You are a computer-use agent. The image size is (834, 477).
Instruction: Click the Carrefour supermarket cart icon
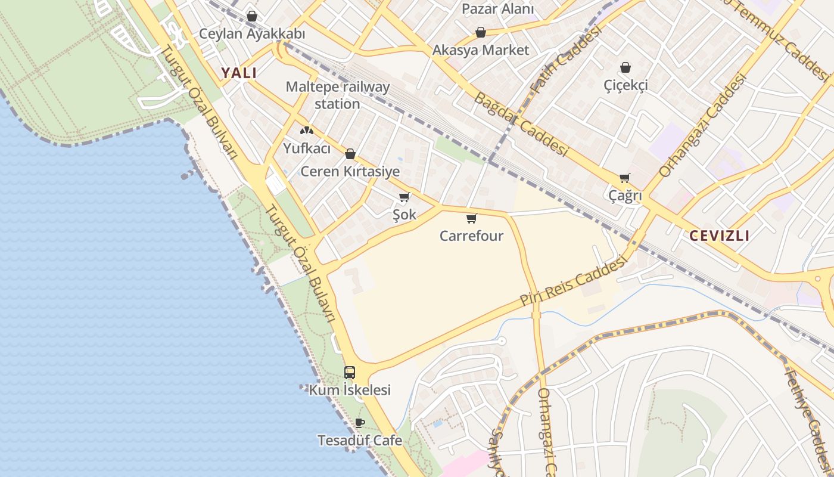point(472,219)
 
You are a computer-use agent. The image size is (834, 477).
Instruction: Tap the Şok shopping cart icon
point(404,197)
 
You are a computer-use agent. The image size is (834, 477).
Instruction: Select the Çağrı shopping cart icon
point(624,178)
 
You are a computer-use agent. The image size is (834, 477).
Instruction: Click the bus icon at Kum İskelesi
point(350,373)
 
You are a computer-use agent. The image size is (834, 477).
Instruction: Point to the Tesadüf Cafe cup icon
point(359,423)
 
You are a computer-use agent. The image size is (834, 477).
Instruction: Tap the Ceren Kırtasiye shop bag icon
point(350,154)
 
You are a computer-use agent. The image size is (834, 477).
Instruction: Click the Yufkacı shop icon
point(306,131)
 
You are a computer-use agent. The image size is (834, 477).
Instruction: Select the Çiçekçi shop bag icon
point(625,67)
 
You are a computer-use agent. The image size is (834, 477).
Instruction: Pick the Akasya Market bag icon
point(480,32)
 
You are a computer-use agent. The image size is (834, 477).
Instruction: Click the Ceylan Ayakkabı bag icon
point(252,16)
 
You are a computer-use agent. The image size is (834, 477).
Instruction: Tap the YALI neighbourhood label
point(239,73)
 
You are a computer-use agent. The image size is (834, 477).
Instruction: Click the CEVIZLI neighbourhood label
point(719,236)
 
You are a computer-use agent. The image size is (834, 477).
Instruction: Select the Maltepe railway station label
point(338,95)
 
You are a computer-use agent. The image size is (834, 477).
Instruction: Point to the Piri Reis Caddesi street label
point(574,281)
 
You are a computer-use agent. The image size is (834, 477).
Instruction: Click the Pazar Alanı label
point(497,9)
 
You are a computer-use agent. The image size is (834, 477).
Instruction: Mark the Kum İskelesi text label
point(350,390)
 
